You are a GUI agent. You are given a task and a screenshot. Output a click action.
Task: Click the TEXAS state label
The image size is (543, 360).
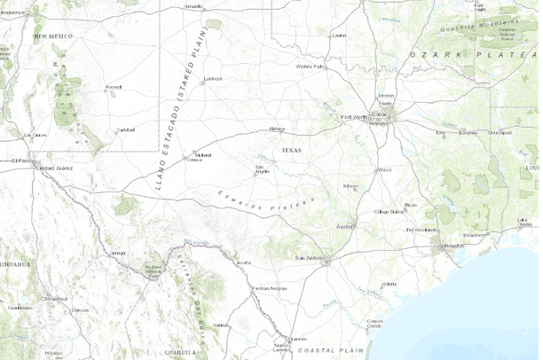(x=291, y=151)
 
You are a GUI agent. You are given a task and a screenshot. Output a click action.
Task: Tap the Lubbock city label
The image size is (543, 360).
(x=213, y=78)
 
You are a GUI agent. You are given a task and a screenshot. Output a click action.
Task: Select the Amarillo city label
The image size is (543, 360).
(x=193, y=5)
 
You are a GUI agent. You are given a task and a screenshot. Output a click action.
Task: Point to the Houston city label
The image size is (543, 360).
(x=455, y=245)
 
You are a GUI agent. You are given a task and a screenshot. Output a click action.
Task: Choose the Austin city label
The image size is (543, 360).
(x=344, y=226)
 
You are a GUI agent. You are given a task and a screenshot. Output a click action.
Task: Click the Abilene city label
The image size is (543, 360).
(x=278, y=129)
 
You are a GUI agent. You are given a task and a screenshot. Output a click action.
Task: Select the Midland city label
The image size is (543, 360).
(x=203, y=153)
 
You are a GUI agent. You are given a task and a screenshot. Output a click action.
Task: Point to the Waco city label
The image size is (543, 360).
(x=384, y=168)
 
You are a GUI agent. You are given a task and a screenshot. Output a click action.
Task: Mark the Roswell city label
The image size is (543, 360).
(x=113, y=87)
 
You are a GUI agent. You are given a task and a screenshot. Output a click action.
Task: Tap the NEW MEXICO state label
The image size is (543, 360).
(x=52, y=35)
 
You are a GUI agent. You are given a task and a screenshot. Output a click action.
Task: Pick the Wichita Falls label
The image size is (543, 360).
(x=311, y=66)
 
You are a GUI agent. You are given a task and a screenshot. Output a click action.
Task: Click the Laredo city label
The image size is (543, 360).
(x=299, y=337)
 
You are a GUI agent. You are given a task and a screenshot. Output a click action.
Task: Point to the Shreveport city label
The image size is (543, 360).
(x=500, y=132)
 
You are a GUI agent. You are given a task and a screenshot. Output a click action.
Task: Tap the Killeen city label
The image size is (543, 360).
(x=351, y=186)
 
